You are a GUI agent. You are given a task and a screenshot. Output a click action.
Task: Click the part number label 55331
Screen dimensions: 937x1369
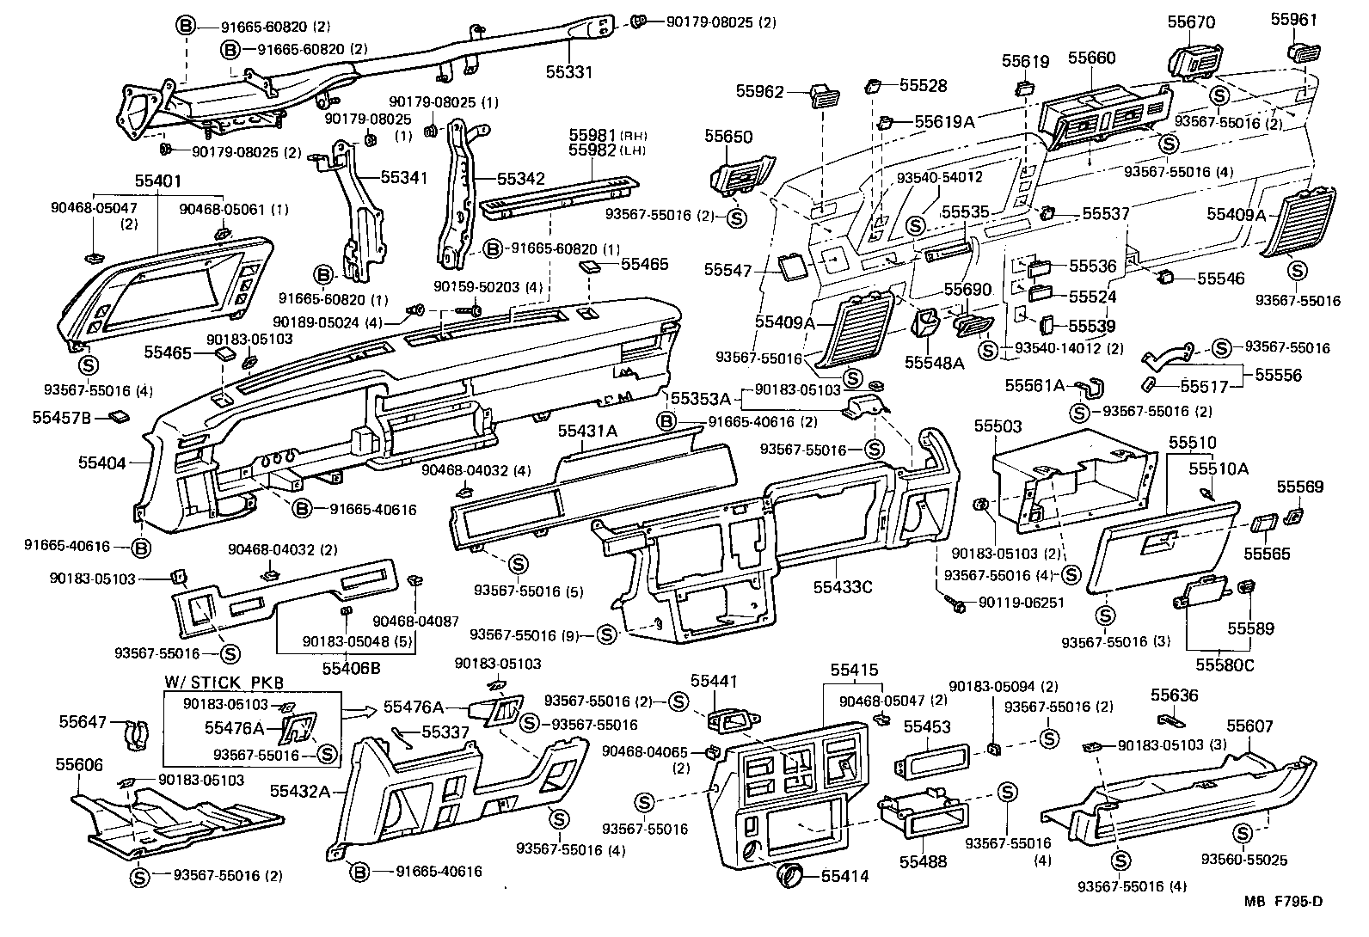click(568, 73)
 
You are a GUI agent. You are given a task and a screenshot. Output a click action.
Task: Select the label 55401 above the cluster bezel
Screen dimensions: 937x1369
click(158, 182)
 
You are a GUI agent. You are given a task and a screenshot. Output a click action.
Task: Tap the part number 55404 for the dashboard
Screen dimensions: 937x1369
click(102, 463)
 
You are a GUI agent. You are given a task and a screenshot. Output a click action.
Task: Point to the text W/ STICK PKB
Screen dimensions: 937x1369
click(224, 683)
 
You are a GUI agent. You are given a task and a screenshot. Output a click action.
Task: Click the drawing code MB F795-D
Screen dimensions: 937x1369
click(1282, 902)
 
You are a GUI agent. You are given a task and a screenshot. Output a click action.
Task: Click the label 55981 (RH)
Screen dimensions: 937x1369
click(593, 135)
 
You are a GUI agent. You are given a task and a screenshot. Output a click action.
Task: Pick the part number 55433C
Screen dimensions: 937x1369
click(843, 587)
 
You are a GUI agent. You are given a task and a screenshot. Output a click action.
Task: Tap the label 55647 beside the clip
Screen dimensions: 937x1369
click(82, 722)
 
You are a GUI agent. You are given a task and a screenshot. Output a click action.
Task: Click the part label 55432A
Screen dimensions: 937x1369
click(300, 790)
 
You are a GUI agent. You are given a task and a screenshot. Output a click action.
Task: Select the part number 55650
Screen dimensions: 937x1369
click(728, 137)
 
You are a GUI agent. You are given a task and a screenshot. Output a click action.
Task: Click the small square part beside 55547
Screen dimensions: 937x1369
click(792, 266)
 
